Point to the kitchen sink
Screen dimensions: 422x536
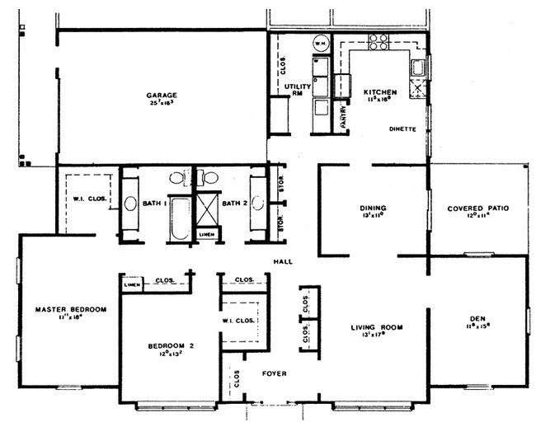(418, 68)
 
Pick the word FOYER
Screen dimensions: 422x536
(274, 373)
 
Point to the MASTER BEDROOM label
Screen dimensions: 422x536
(71, 310)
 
